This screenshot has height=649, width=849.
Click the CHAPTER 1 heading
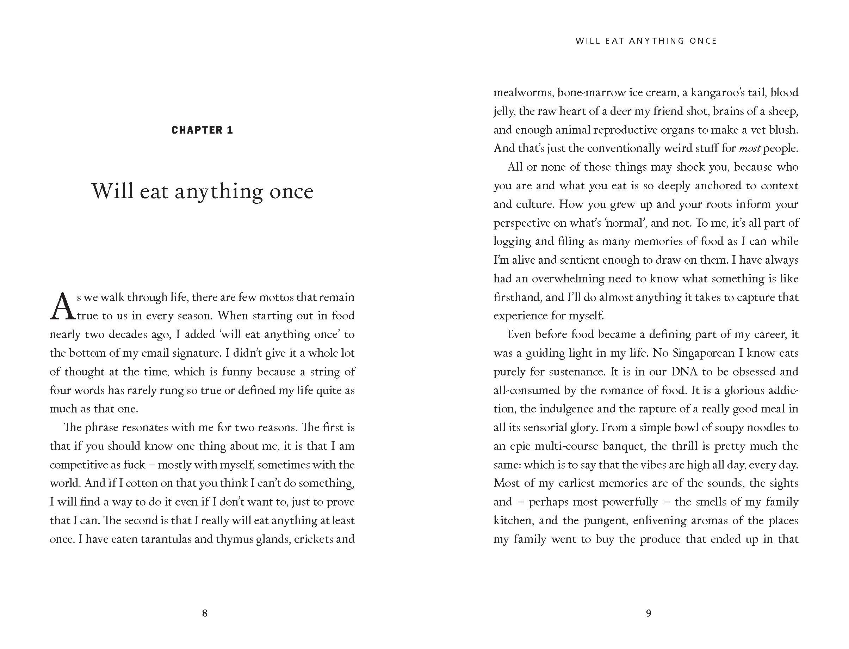click(x=202, y=130)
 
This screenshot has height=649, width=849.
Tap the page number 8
click(x=205, y=613)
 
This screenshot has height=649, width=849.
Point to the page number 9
click(x=649, y=613)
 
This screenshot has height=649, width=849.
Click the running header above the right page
click(x=646, y=41)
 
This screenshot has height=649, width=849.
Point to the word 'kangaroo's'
click(x=725, y=93)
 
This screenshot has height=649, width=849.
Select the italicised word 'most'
click(x=749, y=149)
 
